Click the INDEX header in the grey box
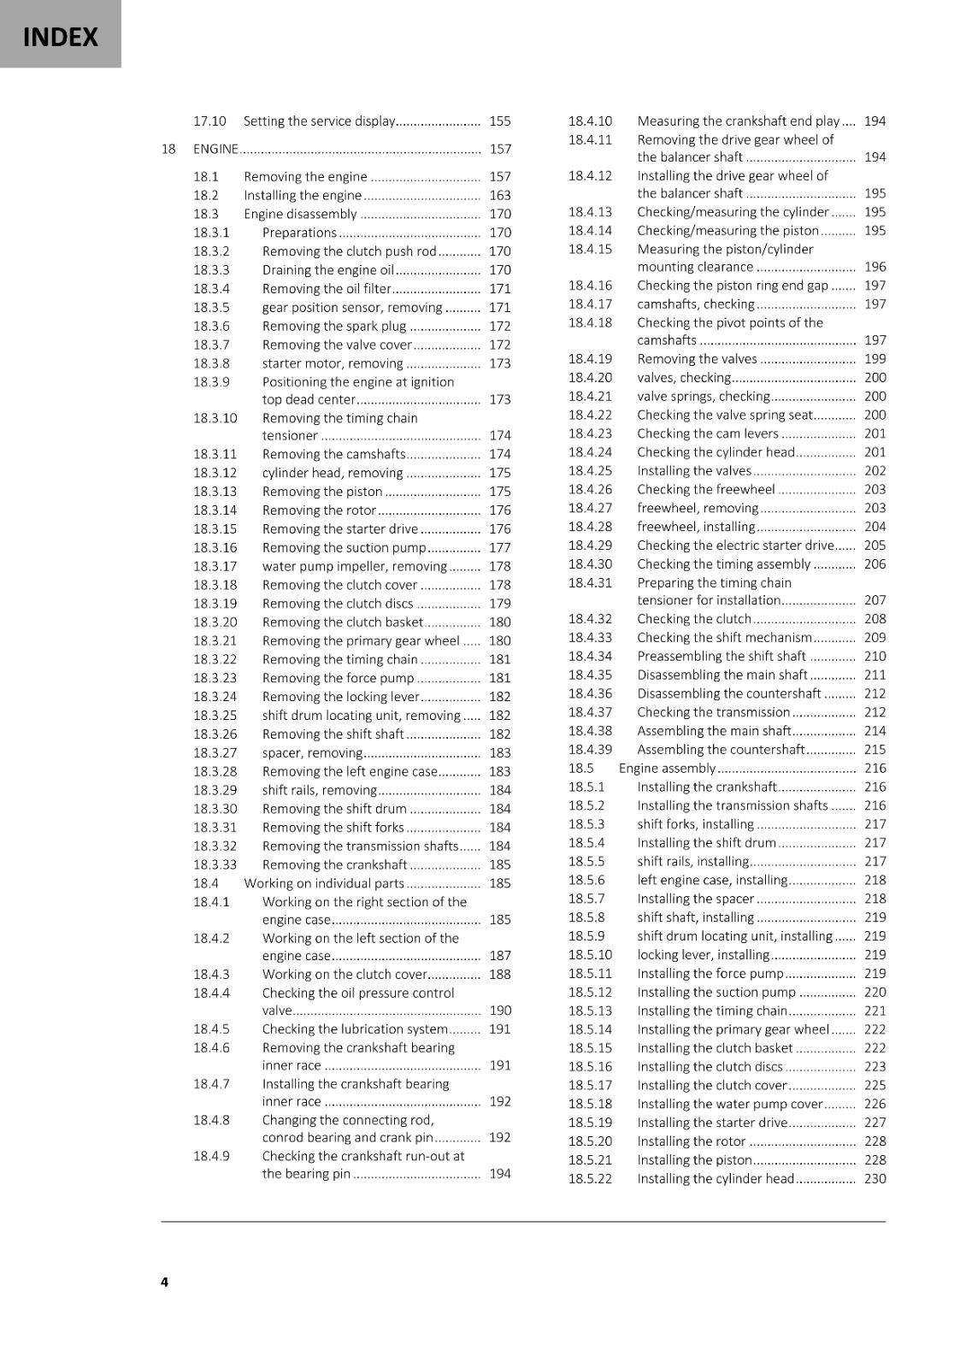point(60,37)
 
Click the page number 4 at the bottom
point(164,1281)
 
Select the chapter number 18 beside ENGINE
point(168,149)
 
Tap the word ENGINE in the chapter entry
point(215,149)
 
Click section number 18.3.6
point(211,326)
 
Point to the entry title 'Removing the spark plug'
point(333,326)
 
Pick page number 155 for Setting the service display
point(500,121)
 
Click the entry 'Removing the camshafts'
point(333,454)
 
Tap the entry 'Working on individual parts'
point(324,883)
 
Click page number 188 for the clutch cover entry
point(500,974)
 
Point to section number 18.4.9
point(211,1156)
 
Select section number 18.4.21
point(590,396)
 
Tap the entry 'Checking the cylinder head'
point(716,452)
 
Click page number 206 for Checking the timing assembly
point(875,564)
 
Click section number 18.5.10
point(590,955)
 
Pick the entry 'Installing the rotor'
point(691,1141)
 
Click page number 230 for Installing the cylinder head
point(875,1179)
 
